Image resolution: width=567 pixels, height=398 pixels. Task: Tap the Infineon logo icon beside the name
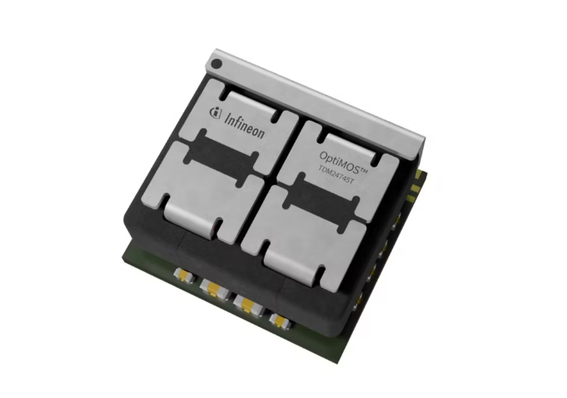215,113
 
